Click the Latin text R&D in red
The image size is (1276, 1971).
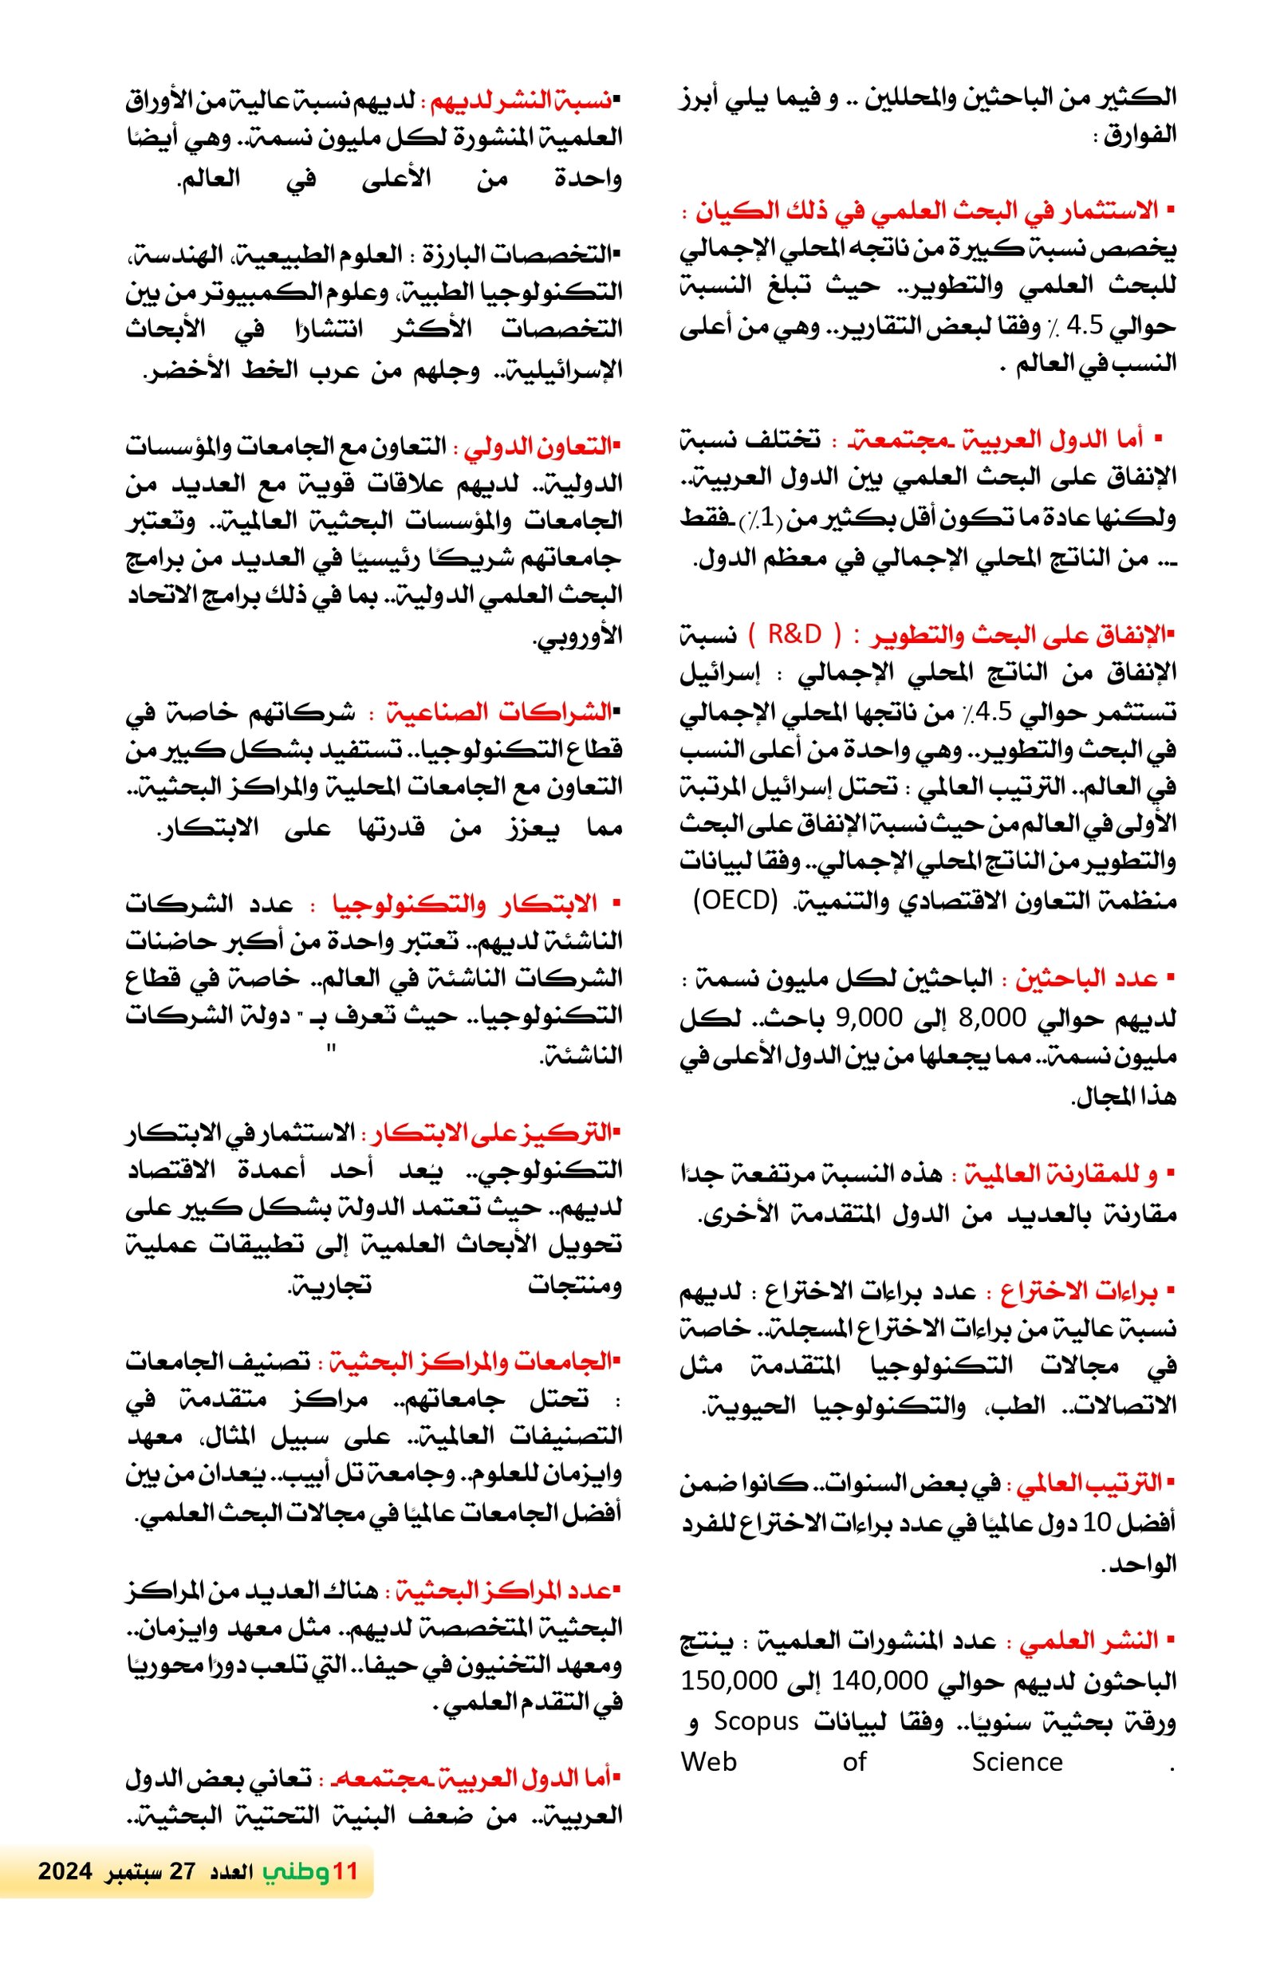coord(794,634)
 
